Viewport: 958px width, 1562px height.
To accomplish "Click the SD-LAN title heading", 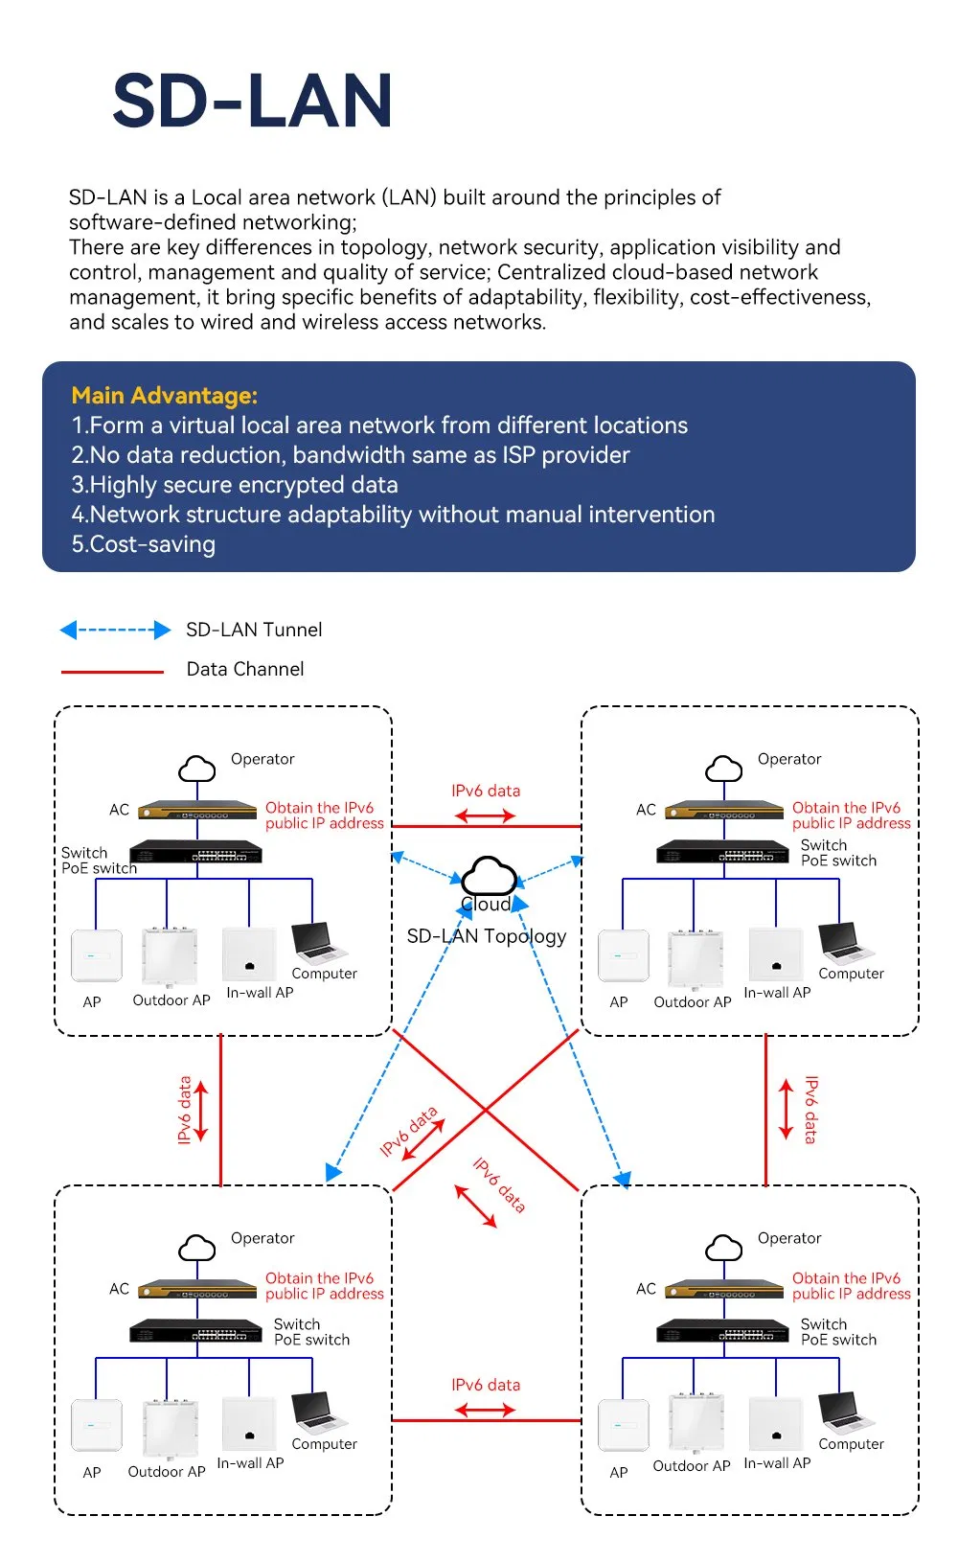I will pos(252,101).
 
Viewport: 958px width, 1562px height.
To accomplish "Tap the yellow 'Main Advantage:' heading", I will pos(164,396).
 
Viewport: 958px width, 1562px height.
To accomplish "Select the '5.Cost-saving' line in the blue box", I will pos(143,544).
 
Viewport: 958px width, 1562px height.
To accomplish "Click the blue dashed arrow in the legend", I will pos(115,630).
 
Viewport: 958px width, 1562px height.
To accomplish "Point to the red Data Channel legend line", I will pos(112,672).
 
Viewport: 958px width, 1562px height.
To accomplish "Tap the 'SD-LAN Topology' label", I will pos(486,936).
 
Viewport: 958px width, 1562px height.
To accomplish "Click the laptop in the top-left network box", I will pos(317,943).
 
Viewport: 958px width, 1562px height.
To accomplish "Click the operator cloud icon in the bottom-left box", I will pos(197,1248).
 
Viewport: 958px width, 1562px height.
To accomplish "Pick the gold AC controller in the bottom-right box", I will pos(723,1289).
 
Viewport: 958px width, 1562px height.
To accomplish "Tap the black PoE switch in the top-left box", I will pos(196,852).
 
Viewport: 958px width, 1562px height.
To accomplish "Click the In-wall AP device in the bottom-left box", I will pos(249,1425).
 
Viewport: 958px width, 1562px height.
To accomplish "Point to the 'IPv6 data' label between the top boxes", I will pos(486,791).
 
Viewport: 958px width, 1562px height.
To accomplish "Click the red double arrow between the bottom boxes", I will pos(485,1410).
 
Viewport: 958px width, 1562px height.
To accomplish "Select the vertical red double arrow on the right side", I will pos(787,1110).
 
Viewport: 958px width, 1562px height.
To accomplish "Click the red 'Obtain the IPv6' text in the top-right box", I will pos(846,808).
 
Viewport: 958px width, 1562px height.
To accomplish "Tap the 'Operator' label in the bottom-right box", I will pos(789,1238).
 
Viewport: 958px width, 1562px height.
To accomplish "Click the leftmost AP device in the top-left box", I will pos(97,955).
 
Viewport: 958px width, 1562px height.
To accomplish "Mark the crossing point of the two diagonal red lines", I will pos(486,1110).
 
